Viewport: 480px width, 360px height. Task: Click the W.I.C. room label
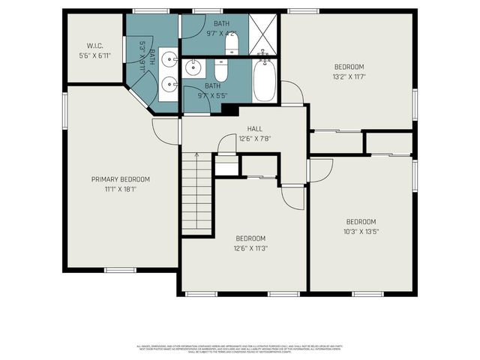pyautogui.click(x=94, y=46)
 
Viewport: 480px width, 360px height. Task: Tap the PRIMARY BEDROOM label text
pyautogui.click(x=120, y=179)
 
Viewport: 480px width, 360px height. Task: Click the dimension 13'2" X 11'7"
pyautogui.click(x=349, y=76)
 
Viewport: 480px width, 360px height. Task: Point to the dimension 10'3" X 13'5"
pyautogui.click(x=361, y=232)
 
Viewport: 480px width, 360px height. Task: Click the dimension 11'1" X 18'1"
pyautogui.click(x=120, y=189)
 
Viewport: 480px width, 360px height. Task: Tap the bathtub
pyautogui.click(x=265, y=81)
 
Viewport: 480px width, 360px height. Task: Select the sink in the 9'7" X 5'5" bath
pyautogui.click(x=195, y=68)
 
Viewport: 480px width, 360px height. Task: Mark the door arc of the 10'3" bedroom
pyautogui.click(x=320, y=170)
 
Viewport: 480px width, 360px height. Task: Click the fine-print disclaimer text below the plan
pyautogui.click(x=240, y=348)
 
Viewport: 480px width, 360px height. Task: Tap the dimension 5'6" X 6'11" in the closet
pyautogui.click(x=94, y=56)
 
